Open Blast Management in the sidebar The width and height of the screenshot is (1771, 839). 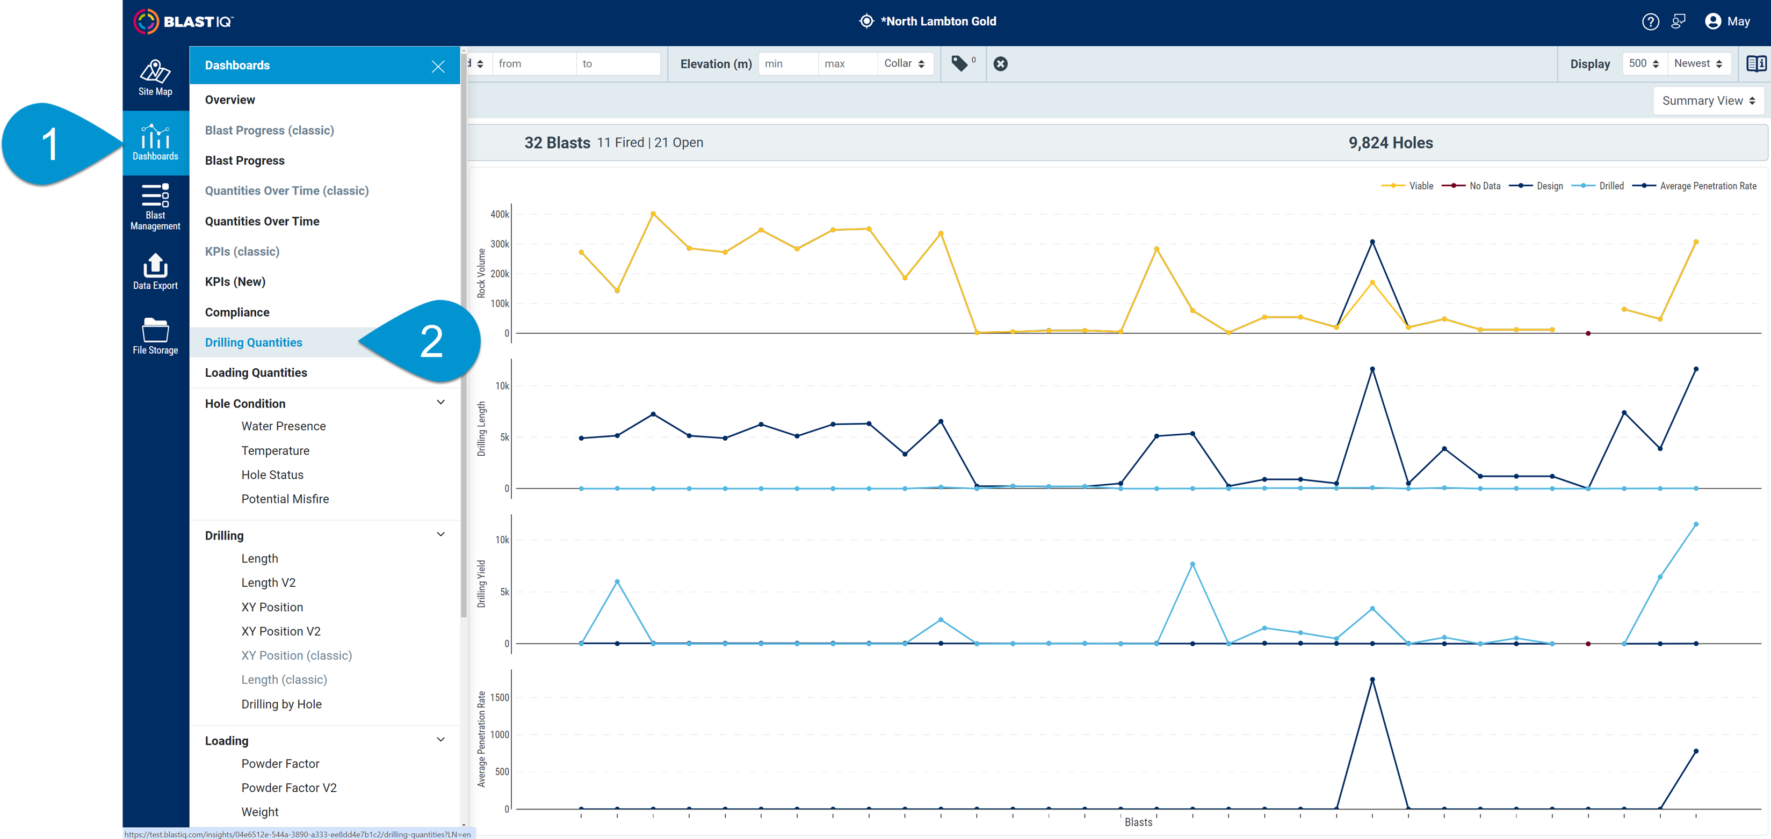(x=155, y=206)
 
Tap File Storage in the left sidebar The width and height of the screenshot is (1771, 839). (x=155, y=336)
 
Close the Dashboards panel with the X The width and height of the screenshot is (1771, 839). (x=438, y=66)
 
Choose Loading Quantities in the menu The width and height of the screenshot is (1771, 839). (x=256, y=373)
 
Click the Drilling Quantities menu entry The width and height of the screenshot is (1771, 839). (x=254, y=342)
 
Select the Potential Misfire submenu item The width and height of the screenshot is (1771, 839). (x=285, y=499)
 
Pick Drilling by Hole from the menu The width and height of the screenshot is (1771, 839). (x=281, y=704)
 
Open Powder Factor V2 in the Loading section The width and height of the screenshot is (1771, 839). (x=289, y=787)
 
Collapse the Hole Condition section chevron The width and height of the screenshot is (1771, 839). (x=440, y=403)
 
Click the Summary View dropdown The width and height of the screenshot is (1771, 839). (x=1708, y=101)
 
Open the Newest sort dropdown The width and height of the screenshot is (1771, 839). (x=1698, y=64)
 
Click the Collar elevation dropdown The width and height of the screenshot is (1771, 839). (x=904, y=64)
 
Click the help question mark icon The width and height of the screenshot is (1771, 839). (x=1650, y=22)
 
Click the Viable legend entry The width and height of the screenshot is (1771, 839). (x=1407, y=186)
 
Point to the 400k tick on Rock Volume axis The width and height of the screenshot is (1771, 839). (x=500, y=214)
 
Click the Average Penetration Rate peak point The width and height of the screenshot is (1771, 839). (x=1372, y=680)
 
